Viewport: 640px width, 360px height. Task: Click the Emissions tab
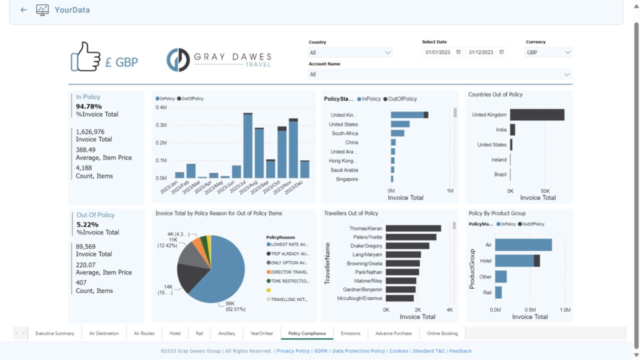[x=350, y=333]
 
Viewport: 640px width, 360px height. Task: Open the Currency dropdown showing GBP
[x=548, y=52]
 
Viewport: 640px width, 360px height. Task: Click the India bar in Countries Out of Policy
[x=512, y=130]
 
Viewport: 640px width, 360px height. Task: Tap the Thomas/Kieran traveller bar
[x=413, y=228]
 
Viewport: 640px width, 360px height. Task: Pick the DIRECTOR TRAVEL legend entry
[x=288, y=272]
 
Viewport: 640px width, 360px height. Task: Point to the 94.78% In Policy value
[x=88, y=106]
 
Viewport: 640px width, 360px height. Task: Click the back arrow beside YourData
[x=23, y=10]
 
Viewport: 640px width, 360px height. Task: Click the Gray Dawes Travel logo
[x=218, y=60]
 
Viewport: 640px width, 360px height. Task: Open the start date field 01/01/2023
[x=438, y=52]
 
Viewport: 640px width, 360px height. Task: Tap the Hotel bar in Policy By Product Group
[x=514, y=261]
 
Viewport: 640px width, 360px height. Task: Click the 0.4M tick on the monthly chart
[x=161, y=107]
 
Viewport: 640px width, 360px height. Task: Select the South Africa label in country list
[x=344, y=133]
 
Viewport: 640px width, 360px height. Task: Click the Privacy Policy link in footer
[x=293, y=351]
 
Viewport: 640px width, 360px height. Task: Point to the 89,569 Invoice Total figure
[x=85, y=246]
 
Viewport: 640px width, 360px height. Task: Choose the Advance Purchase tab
[x=393, y=333]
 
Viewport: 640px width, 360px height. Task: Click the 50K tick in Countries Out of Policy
[x=545, y=191]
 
